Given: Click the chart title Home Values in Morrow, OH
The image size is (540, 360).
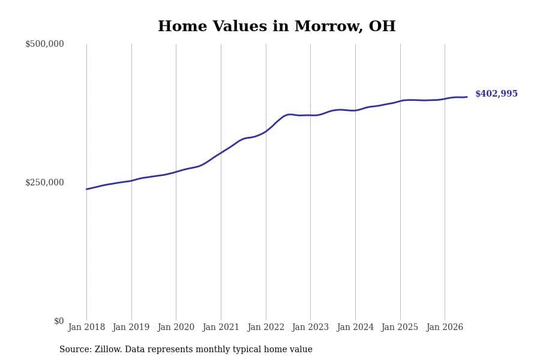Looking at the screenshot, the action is point(277,26).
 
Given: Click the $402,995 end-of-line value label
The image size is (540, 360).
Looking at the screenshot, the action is point(496,94).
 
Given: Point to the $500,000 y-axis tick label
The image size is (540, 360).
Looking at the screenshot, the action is point(44,44).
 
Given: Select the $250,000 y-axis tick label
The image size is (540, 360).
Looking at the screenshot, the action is point(44,182).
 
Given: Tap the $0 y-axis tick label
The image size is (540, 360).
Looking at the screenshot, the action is point(59,321).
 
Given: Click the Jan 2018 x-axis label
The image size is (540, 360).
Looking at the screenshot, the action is point(86,327).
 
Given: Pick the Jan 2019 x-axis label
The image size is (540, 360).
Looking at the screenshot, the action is point(131,327).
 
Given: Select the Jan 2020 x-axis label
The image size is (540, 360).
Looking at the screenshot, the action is point(176,327).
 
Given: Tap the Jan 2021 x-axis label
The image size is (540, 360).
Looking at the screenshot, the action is point(221,327).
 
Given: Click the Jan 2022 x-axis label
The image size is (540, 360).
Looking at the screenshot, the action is point(266,327).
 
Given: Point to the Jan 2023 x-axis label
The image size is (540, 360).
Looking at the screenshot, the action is point(310,327).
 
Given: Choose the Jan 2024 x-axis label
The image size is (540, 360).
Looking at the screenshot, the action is point(355,327).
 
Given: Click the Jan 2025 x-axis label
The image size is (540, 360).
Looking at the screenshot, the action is point(400,327).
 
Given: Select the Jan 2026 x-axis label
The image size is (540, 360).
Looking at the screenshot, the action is point(445,327).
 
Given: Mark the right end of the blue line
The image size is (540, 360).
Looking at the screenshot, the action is point(467,97).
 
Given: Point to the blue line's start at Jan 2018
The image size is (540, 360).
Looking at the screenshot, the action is point(86,189).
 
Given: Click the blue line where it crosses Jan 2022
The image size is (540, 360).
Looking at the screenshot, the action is point(266,131).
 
